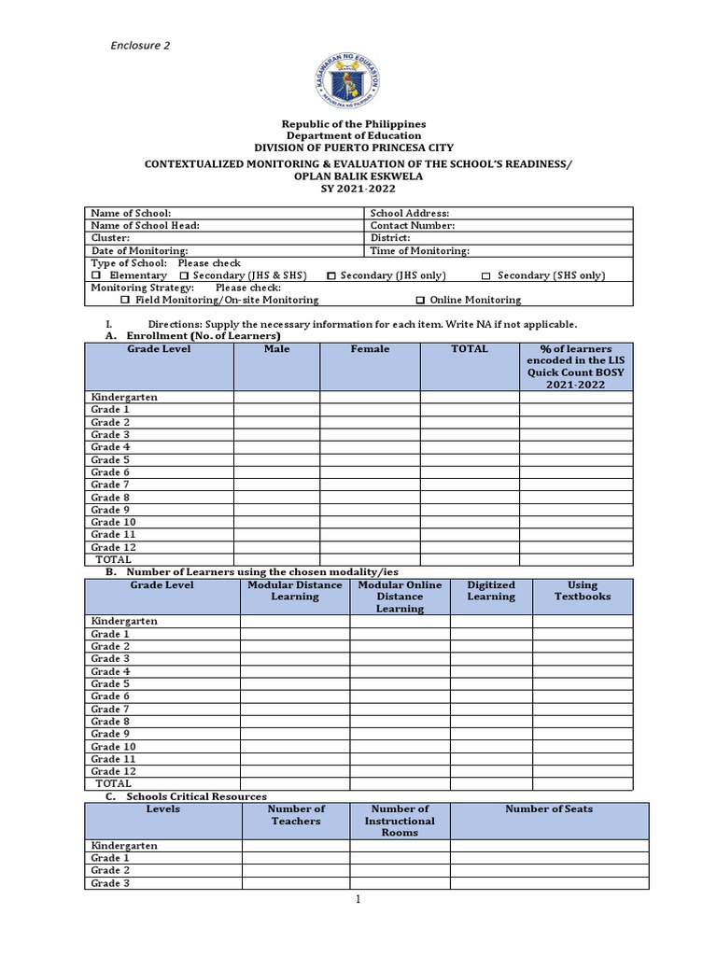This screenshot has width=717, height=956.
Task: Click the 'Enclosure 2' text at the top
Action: coord(140,45)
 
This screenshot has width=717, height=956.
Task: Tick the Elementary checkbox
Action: coord(96,276)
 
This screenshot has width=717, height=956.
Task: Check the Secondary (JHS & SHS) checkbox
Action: coord(184,276)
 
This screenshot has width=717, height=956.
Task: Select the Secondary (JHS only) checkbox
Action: coord(331,276)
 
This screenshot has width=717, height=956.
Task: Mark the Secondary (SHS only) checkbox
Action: coord(485,276)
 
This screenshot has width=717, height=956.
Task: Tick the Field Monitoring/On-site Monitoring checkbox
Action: coord(125,301)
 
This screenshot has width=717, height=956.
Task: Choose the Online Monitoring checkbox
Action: coord(420,301)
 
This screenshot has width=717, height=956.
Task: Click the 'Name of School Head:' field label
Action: coord(145,226)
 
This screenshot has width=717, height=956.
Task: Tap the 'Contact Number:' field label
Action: coord(412,226)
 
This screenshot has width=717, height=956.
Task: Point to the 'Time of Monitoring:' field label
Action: coord(419,251)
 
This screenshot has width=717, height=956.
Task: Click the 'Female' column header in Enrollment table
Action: coord(370,349)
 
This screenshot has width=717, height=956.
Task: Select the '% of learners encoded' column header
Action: coord(575,366)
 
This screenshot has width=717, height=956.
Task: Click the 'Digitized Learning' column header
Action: coord(491,591)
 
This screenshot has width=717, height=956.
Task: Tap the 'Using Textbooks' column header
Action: coord(583,591)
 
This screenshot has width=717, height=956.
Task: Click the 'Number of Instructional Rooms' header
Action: coord(400,821)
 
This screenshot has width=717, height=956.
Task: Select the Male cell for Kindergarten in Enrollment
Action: coord(276,398)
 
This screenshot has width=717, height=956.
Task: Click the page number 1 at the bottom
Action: coord(358,900)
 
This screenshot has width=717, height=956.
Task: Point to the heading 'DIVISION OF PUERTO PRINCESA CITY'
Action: coord(355,148)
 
